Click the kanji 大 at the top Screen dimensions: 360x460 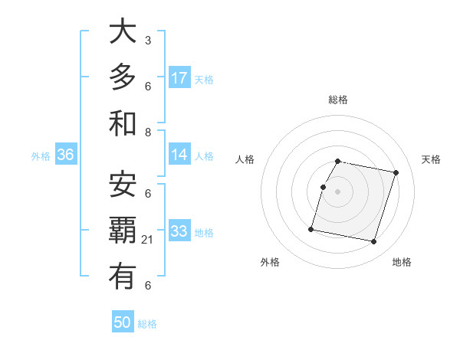[123, 33]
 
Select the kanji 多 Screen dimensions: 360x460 [123, 78]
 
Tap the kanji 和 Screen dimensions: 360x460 [123, 123]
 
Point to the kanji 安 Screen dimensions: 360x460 [123, 184]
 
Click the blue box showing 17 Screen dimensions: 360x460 [179, 78]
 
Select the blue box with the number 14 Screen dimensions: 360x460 [179, 155]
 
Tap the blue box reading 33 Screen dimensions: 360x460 [179, 231]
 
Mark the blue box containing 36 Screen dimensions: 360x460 [66, 155]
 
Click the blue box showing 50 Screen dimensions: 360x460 [123, 323]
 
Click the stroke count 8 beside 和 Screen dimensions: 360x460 [148, 132]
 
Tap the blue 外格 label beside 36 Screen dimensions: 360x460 [41, 156]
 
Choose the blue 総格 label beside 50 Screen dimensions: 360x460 [147, 324]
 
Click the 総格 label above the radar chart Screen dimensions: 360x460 [337, 100]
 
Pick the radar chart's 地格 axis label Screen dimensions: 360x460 [402, 262]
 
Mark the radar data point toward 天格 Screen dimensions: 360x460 [396, 173]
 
